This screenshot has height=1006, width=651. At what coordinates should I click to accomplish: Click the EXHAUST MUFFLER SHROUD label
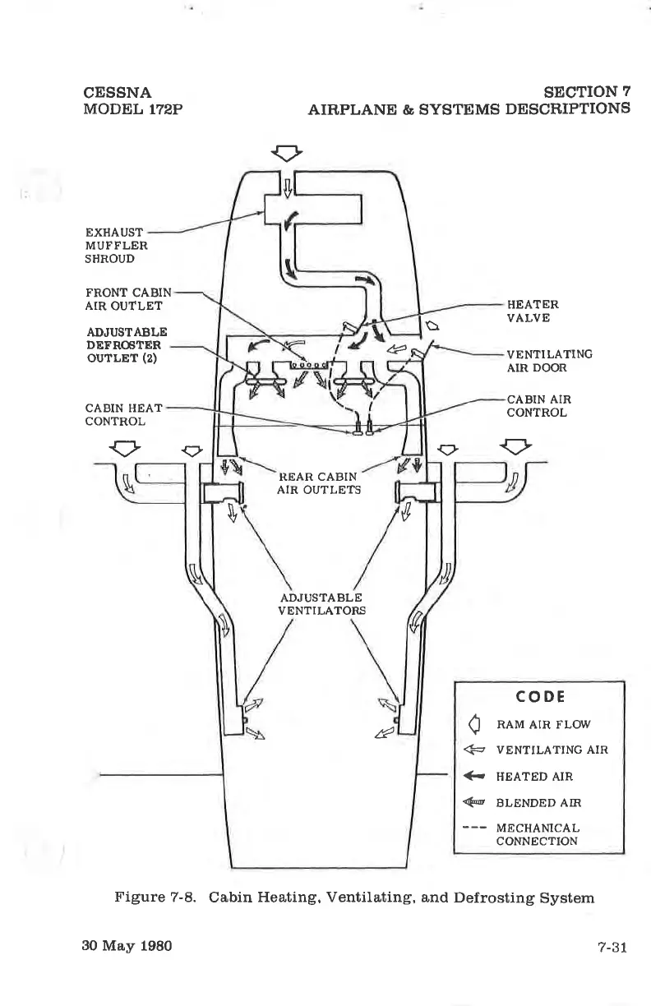116,244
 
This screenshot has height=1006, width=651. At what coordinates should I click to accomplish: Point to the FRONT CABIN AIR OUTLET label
128,298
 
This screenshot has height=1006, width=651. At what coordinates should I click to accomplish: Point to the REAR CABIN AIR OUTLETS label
319,483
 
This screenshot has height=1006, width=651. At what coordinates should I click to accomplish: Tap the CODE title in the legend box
538,696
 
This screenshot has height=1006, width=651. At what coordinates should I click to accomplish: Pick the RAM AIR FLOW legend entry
543,724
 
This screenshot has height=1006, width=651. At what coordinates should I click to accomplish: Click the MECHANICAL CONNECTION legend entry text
538,834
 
